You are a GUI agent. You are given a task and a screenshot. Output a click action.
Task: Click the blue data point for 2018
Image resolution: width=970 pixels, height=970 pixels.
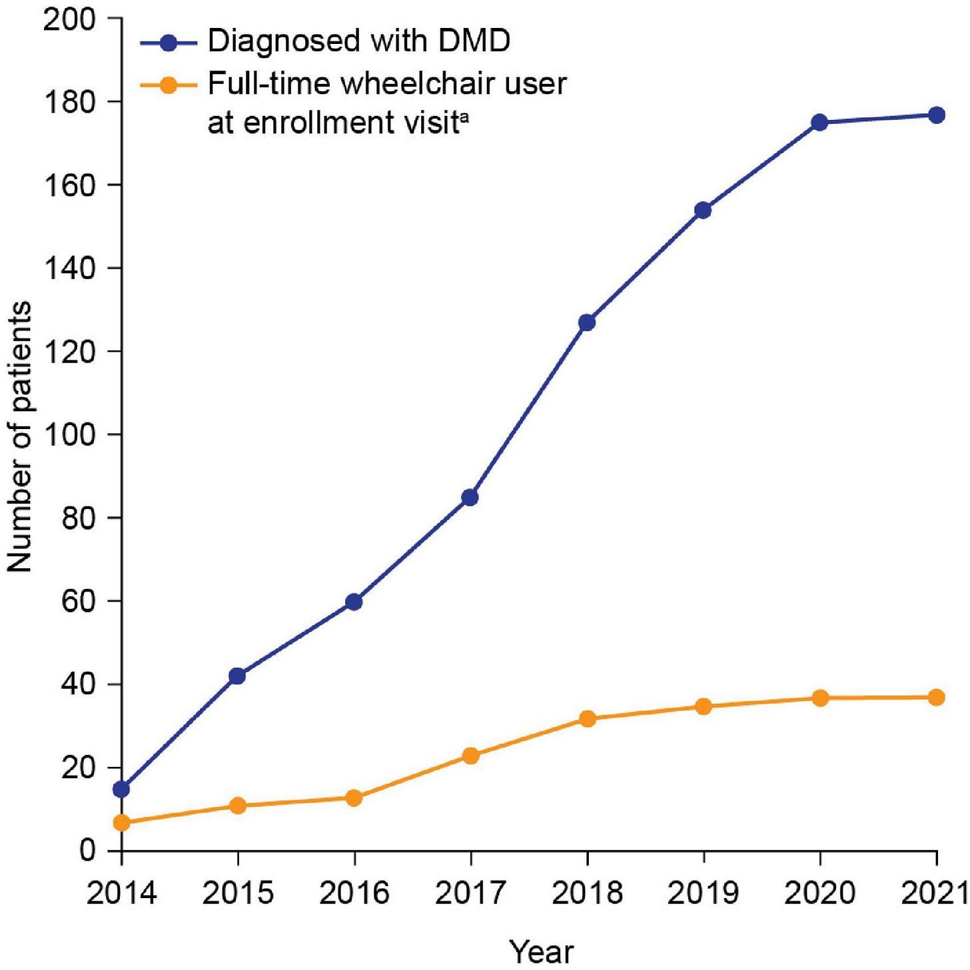tap(587, 322)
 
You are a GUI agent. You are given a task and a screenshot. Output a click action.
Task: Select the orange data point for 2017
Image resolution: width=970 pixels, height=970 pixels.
tap(470, 755)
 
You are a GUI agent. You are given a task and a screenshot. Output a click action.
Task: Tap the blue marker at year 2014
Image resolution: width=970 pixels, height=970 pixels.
tap(121, 789)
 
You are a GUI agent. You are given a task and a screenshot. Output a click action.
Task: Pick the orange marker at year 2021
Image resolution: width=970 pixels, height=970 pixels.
tap(936, 698)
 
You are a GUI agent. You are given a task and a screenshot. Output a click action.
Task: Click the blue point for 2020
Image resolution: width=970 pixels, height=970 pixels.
tap(819, 123)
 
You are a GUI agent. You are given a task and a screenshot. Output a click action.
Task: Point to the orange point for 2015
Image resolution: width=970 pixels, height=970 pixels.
tap(238, 805)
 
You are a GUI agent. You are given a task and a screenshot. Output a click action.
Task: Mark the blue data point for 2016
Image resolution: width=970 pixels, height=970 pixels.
tap(354, 602)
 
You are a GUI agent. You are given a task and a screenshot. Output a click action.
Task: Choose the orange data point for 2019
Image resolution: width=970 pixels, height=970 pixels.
tap(704, 706)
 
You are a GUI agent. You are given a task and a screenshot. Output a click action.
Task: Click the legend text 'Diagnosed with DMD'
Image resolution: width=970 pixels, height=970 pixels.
tap(359, 41)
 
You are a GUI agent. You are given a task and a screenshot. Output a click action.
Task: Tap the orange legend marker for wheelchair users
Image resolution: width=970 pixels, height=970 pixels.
tap(169, 85)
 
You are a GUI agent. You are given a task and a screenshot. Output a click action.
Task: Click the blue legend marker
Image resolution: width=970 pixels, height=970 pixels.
tap(169, 43)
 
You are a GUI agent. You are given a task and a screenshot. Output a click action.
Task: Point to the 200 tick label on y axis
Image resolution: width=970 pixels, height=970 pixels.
tap(69, 19)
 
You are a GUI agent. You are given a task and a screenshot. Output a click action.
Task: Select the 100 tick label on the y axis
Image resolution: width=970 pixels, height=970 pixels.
tap(69, 435)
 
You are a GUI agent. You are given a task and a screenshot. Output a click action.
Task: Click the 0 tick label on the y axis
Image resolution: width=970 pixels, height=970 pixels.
tap(87, 851)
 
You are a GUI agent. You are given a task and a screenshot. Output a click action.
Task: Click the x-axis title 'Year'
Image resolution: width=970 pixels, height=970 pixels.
tap(541, 950)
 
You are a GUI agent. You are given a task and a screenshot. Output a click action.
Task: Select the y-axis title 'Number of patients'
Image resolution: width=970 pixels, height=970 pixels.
tap(20, 436)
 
